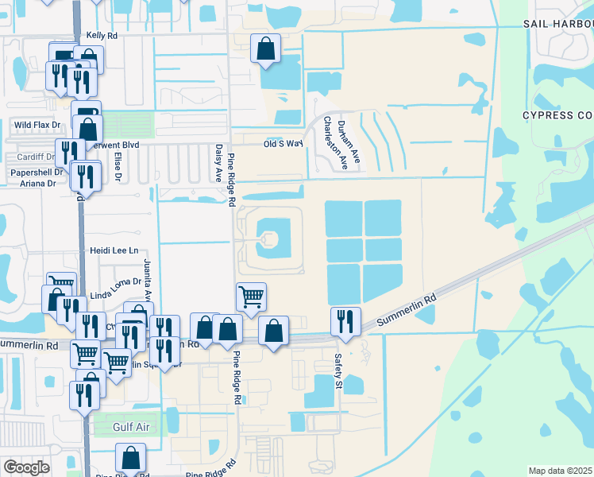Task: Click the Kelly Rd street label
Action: point(102,36)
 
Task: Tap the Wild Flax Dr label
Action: point(37,125)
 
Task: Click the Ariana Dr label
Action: point(34,183)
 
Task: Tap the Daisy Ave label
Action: point(218,162)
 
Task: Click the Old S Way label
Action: point(283,144)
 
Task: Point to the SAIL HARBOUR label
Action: point(557,24)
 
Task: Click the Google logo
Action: point(26,467)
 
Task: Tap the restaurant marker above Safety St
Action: point(345,321)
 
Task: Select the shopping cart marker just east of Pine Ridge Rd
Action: point(251,297)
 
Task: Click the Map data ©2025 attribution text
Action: point(560,471)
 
